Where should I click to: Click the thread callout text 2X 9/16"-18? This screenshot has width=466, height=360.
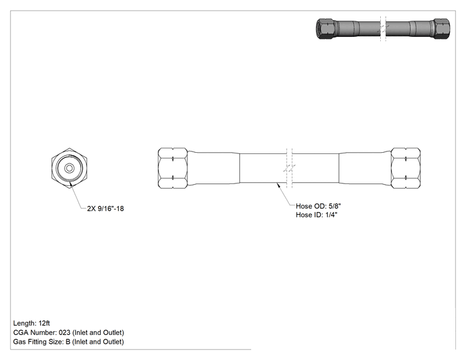pos(105,208)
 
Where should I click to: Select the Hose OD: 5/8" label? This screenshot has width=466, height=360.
pos(318,206)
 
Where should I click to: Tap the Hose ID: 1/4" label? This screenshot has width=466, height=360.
pos(316,215)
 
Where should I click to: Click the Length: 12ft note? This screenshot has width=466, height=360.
pos(31,323)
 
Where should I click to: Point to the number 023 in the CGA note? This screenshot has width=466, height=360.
pos(65,332)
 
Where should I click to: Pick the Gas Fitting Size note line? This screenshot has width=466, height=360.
pos(68,342)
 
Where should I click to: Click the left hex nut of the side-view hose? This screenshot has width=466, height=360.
pos(173,168)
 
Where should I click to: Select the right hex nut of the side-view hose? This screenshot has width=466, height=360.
pos(406,168)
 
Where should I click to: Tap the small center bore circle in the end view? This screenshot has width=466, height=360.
pos(70,168)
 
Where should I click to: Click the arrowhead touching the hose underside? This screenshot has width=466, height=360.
pos(279,185)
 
